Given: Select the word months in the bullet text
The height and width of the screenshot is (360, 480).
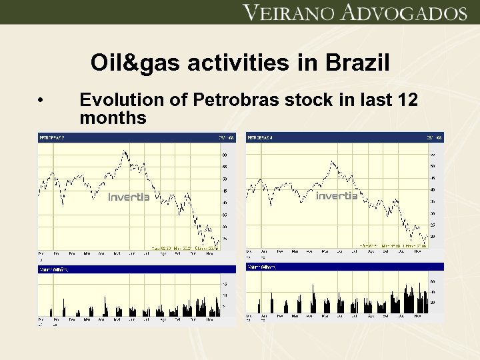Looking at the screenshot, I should [113, 119].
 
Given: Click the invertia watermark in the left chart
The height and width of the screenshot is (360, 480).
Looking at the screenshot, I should [129, 197].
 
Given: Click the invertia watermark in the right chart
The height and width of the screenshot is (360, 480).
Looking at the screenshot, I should [337, 196].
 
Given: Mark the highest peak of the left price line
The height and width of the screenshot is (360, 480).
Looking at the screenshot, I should [125, 151].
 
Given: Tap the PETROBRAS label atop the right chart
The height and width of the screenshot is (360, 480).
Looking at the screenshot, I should [260, 137].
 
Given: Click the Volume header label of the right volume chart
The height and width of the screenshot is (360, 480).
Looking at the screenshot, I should [261, 267].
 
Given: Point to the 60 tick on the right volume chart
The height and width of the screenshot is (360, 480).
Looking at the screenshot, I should [431, 281].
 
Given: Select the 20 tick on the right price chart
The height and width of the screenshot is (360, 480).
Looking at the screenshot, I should [432, 237].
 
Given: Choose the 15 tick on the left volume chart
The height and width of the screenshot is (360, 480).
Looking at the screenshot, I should [225, 283].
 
